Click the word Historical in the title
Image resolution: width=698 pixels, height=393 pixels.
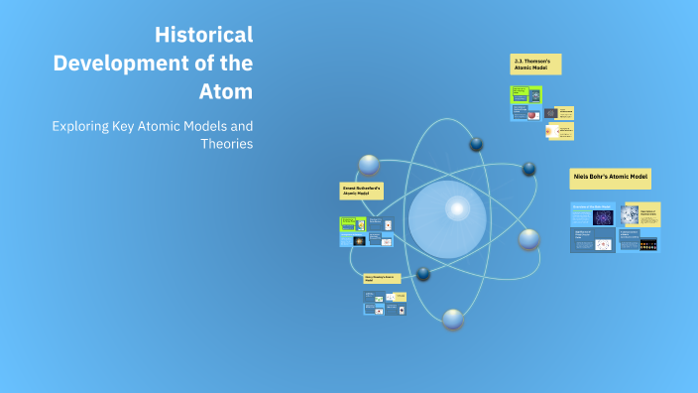[x=203, y=35]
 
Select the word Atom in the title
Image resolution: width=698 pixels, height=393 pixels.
[x=227, y=92]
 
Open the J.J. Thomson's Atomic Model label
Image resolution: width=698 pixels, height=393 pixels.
[x=535, y=65]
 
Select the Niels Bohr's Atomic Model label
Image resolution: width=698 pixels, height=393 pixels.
[x=611, y=178]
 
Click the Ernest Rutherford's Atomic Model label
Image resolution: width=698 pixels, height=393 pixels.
[x=362, y=191]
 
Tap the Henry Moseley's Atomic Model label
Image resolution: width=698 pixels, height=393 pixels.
[x=382, y=278]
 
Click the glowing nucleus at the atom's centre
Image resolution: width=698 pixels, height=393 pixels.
[x=457, y=208]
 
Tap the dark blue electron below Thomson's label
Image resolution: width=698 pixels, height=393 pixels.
[x=477, y=145]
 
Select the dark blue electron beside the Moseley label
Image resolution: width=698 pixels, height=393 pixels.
[x=424, y=273]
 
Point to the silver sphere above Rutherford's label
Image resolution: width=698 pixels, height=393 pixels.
[x=369, y=165]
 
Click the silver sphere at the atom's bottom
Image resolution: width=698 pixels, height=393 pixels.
[x=453, y=319]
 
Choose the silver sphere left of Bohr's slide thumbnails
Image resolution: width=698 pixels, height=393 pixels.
[x=529, y=238]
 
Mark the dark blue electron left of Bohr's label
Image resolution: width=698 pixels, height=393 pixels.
[x=529, y=169]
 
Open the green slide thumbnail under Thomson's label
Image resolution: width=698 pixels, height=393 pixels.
[x=519, y=95]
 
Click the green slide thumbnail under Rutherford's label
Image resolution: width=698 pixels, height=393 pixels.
[x=348, y=223]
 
